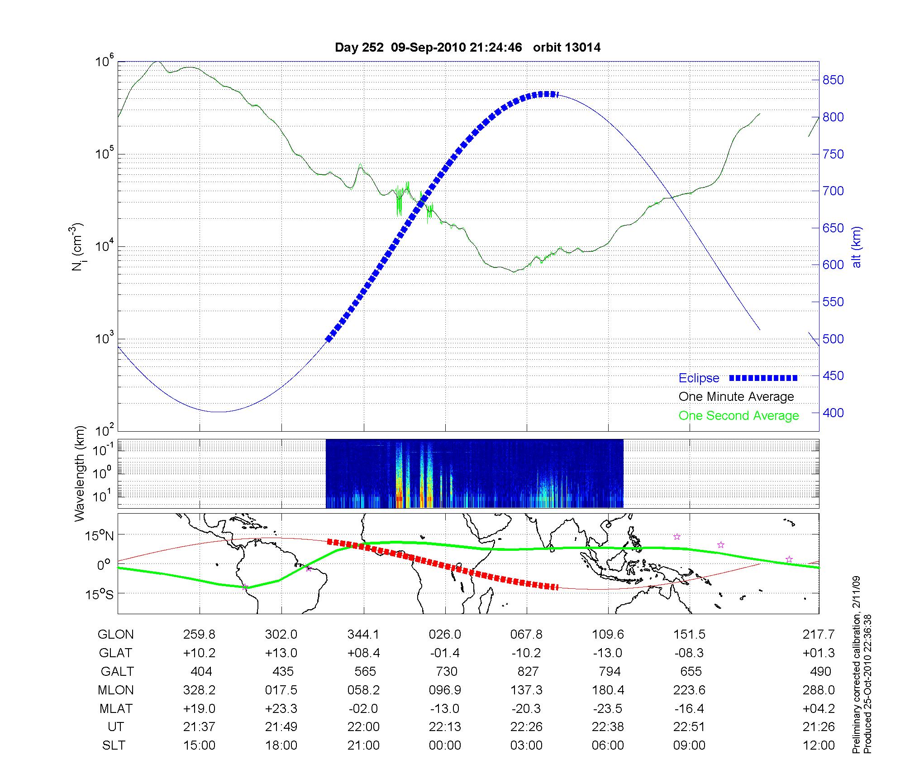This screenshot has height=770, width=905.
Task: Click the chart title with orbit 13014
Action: click(467, 48)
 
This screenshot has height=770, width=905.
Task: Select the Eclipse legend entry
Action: click(699, 378)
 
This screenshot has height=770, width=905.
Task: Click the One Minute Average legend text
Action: click(736, 397)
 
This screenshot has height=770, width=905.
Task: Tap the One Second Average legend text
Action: click(738, 416)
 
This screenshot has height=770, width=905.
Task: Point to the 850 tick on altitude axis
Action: click(833, 80)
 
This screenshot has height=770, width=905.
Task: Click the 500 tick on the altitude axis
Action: click(833, 339)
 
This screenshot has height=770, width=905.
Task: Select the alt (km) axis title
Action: click(856, 247)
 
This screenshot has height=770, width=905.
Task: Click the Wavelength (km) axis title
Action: click(79, 473)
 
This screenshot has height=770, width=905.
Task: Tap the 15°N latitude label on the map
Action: click(100, 536)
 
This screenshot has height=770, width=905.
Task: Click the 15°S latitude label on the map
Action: click(100, 594)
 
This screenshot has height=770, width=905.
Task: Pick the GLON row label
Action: click(116, 635)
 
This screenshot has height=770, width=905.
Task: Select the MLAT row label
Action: click(116, 708)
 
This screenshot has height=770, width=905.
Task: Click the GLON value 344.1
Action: click(363, 635)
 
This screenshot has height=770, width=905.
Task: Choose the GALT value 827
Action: click(528, 671)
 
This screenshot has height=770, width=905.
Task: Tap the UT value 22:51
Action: click(689, 727)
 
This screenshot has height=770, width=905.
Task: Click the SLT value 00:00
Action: click(445, 746)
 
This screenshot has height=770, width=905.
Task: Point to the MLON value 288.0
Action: click(818, 690)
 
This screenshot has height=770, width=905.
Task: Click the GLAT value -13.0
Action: click(608, 653)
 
